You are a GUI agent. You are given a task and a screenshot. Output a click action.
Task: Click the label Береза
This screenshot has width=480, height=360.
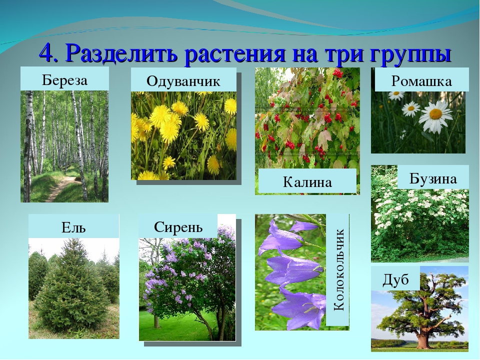point(64,80)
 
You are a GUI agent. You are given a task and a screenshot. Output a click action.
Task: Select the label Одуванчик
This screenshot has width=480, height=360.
point(183,81)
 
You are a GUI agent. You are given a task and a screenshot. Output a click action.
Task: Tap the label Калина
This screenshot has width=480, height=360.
point(307,182)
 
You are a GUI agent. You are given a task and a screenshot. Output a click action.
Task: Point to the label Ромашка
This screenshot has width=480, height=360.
point(421,81)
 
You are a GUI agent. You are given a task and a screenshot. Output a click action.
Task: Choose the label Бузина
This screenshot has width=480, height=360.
point(433,179)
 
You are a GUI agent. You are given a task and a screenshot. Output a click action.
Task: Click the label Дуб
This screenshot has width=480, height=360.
point(395,279)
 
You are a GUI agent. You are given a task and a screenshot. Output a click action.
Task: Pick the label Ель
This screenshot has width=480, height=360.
point(73,227)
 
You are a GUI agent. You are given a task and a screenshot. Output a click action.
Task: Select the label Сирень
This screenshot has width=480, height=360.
point(178,227)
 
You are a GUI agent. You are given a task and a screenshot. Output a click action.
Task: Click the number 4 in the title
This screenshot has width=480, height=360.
point(48,53)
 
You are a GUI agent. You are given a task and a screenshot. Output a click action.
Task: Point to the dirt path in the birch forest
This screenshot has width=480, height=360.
point(61,187)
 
